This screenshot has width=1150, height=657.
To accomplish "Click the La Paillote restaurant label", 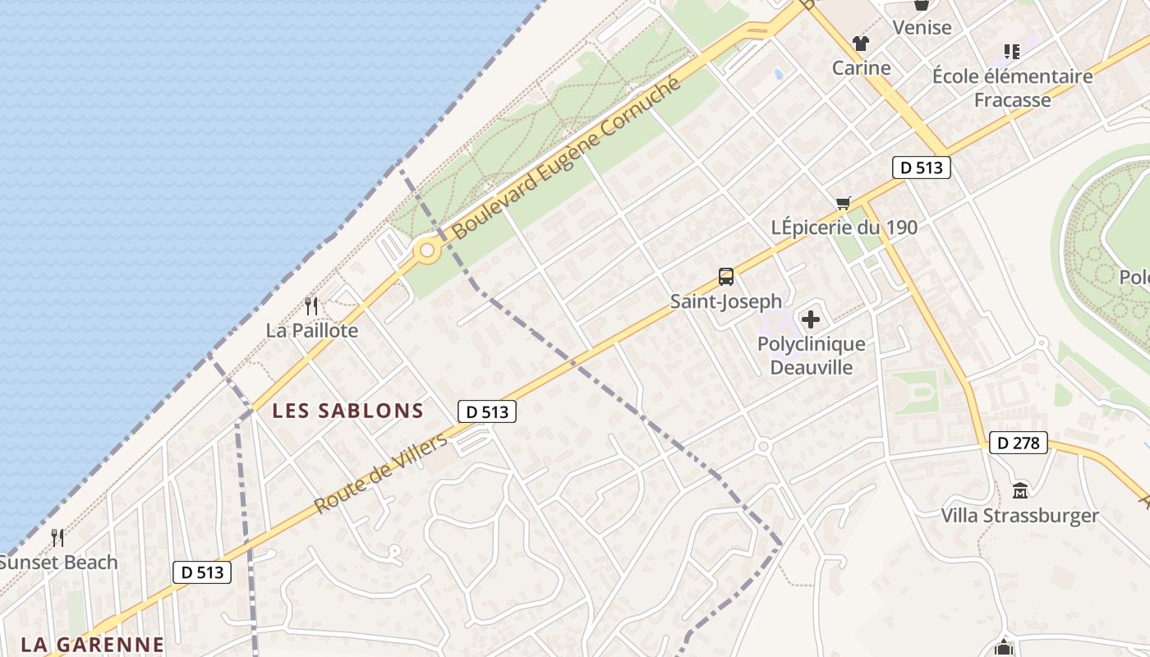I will coord(312,330).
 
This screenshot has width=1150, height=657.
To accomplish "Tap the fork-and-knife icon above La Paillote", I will coord(311,306).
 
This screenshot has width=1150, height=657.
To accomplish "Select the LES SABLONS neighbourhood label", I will coord(347,411).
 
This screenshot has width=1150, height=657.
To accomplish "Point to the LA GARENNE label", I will coord(92,644).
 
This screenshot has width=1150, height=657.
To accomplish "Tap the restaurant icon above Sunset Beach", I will coord(57,538).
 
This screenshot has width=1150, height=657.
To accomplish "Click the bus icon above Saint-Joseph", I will coord(726,277).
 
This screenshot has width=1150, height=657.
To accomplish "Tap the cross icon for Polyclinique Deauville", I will coord(811,319).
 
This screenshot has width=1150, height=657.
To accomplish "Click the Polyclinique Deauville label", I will coord(811,356).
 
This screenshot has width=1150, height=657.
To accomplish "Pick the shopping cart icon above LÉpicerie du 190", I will coord(843,203).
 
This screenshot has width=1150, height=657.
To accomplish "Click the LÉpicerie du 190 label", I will coord(844,227).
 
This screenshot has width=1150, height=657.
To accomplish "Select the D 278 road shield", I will coord(1019,443).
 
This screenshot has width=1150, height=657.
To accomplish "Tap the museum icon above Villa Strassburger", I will coord(1020,491).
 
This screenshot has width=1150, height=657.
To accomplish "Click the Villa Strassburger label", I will coord(1019,516).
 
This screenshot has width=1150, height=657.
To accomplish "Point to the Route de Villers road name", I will coord(381,473).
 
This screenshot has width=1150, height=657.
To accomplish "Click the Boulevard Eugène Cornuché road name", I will coord(567,158).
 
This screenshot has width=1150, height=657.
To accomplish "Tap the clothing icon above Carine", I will coord(860,44).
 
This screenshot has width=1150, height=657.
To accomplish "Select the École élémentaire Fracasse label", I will coord(1012,88).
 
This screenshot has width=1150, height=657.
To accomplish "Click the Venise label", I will coord(922,27).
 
